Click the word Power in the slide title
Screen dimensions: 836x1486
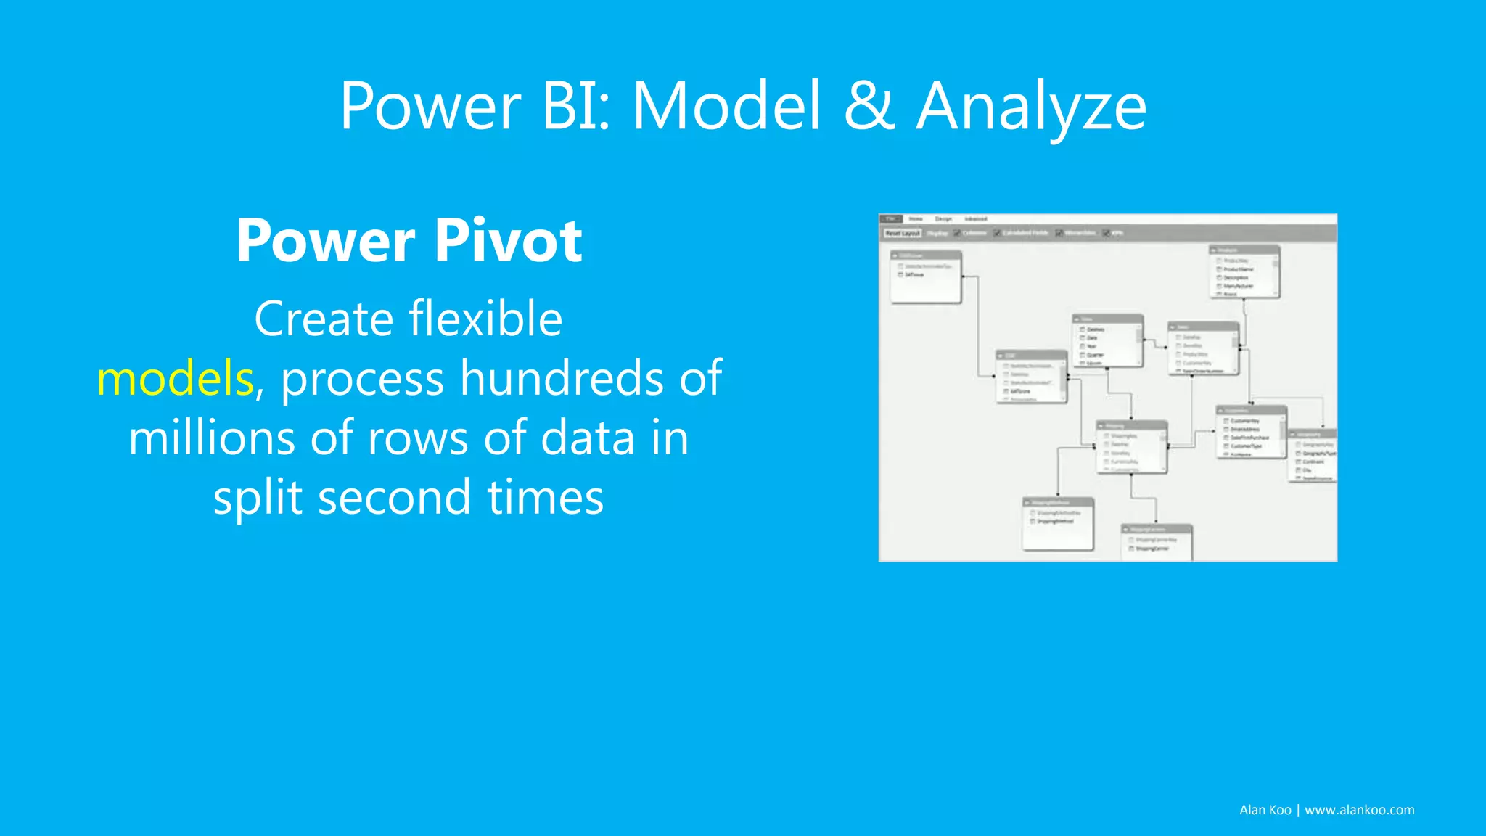(x=430, y=107)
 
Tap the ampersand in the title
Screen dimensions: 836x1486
(x=869, y=107)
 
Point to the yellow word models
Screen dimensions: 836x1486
(x=175, y=378)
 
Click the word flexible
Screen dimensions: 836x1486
(x=485, y=319)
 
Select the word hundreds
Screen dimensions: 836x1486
(x=562, y=378)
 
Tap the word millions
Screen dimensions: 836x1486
(x=212, y=438)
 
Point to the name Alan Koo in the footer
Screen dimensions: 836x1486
(x=1265, y=810)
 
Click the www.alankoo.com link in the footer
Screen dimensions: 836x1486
(x=1359, y=810)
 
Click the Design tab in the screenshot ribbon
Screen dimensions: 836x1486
(x=943, y=218)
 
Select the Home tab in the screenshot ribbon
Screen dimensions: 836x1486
(x=916, y=218)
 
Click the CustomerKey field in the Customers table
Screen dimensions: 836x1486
(x=1244, y=421)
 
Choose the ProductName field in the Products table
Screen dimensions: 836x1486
(x=1238, y=269)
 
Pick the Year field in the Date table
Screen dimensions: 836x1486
(x=1092, y=346)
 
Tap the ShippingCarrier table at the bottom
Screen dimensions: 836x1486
(x=1156, y=543)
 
